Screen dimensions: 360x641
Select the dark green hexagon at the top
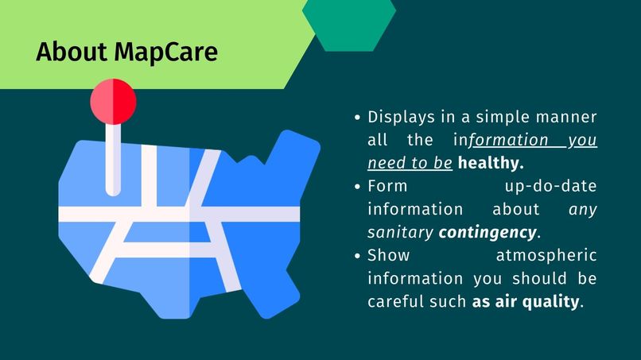coord(349,24)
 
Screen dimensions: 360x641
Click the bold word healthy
coord(491,164)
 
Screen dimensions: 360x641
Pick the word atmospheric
coord(546,256)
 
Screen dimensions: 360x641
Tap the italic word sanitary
coord(400,233)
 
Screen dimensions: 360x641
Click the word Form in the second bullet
coord(387,187)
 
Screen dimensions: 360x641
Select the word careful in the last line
coord(395,302)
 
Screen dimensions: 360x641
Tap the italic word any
coord(583,210)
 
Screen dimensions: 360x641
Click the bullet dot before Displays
coord(358,118)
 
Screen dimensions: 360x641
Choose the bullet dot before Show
coord(358,256)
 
